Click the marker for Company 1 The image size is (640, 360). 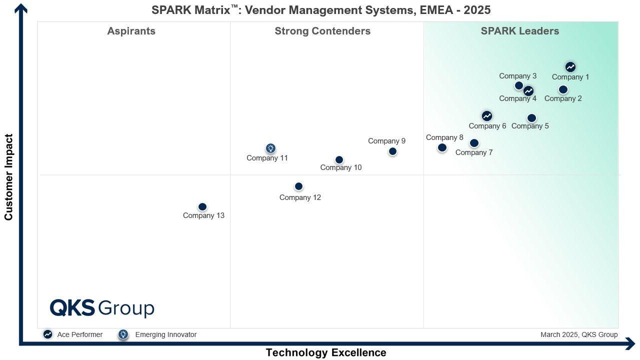click(x=570, y=67)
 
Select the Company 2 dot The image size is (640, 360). click(x=563, y=89)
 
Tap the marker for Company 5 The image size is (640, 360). click(x=531, y=118)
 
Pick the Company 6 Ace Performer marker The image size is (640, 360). click(x=487, y=116)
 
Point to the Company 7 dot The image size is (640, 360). click(x=474, y=143)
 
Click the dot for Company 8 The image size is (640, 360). click(x=442, y=147)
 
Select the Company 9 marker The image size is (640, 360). click(x=392, y=151)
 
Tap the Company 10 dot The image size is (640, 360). click(x=339, y=160)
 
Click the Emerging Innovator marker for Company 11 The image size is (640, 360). click(x=270, y=148)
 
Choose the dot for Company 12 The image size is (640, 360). click(x=298, y=186)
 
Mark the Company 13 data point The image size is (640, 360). click(x=202, y=207)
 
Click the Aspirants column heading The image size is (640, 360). click(x=131, y=31)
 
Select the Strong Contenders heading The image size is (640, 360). click(x=322, y=31)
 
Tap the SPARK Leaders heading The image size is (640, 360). click(x=520, y=31)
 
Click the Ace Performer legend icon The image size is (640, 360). click(x=48, y=334)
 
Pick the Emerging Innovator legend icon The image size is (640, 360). click(x=123, y=334)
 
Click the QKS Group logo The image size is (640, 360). click(x=102, y=308)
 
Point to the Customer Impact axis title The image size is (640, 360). click(x=8, y=177)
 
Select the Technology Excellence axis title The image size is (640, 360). click(x=326, y=352)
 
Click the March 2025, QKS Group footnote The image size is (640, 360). click(x=579, y=334)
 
